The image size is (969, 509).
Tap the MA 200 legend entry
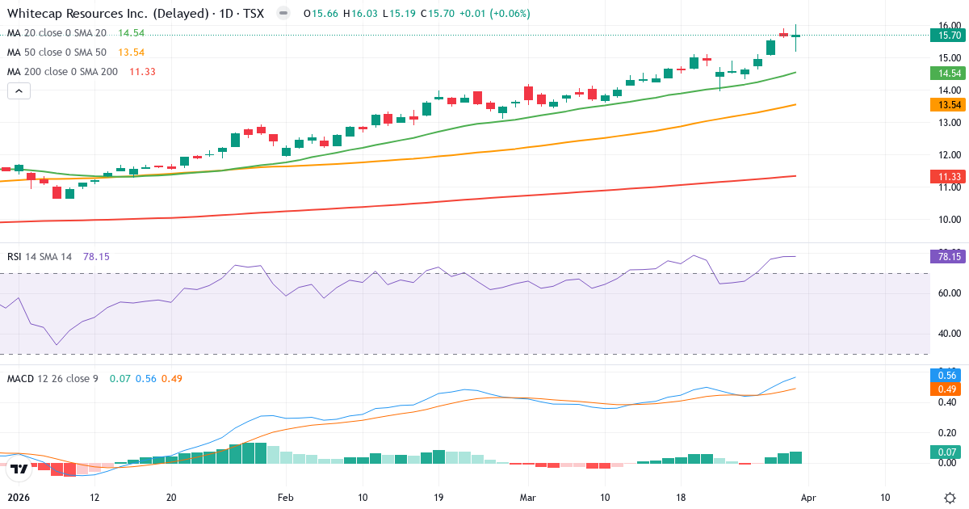click(62, 72)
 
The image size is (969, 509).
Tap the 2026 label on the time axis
click(19, 497)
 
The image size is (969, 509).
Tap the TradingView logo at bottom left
click(20, 469)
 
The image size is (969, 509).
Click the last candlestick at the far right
click(796, 36)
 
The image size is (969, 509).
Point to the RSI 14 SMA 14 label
click(40, 256)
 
